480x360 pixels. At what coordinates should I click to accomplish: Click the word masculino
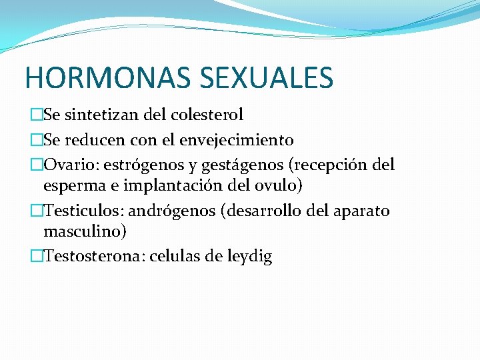coord(85,231)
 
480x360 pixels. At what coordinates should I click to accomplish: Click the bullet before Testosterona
coord(36,257)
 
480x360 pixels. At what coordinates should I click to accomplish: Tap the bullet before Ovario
coord(36,164)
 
